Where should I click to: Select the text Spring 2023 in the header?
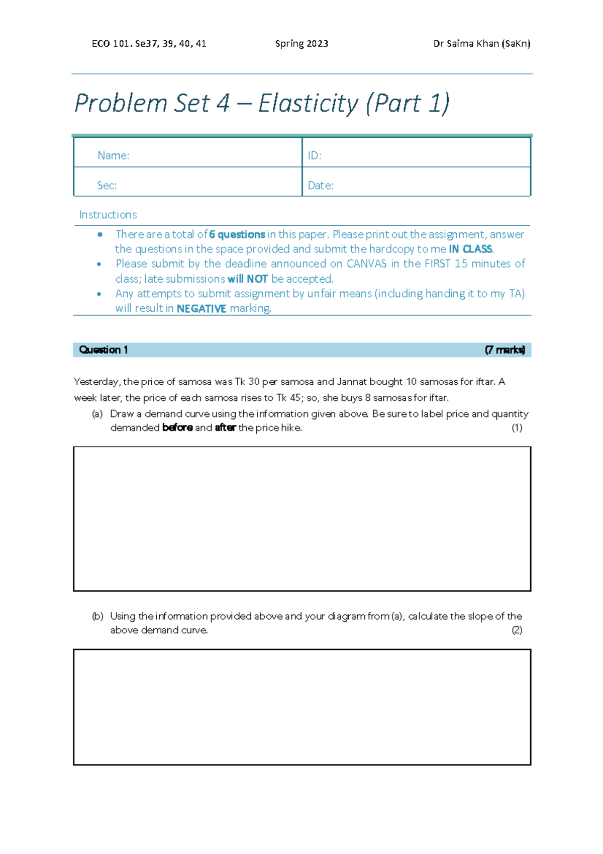301,44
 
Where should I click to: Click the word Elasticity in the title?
308,104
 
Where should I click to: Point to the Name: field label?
113,155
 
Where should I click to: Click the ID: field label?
314,155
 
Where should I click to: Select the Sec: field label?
107,186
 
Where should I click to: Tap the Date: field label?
320,186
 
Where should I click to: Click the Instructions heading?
108,215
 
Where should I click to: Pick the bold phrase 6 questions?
237,234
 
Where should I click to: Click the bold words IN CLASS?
470,249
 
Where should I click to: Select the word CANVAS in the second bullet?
366,264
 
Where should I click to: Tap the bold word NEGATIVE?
202,309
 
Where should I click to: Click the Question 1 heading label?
104,350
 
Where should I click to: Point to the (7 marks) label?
505,350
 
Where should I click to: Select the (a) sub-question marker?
97,414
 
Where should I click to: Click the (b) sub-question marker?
97,616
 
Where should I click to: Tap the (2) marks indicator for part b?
517,630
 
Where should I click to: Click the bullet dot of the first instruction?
100,234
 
